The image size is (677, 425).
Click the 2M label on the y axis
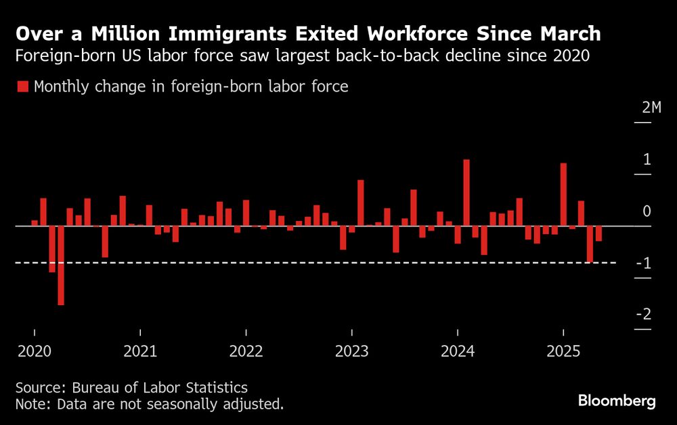pyautogui.click(x=651, y=108)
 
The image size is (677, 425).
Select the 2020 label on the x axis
pyautogui.click(x=34, y=351)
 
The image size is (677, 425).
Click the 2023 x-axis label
pyautogui.click(x=351, y=351)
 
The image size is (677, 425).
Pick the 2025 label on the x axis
pyautogui.click(x=563, y=351)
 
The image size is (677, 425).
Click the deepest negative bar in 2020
pyautogui.click(x=61, y=265)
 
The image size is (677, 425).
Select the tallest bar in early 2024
pyautogui.click(x=466, y=192)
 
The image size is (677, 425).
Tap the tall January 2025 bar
pyautogui.click(x=563, y=194)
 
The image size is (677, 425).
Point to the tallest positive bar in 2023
pyautogui.click(x=361, y=203)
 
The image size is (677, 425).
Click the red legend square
pyautogui.click(x=23, y=86)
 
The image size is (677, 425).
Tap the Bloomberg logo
pyautogui.click(x=617, y=401)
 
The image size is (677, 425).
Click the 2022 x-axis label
pyautogui.click(x=246, y=351)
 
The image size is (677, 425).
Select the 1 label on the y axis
pyautogui.click(x=647, y=160)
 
